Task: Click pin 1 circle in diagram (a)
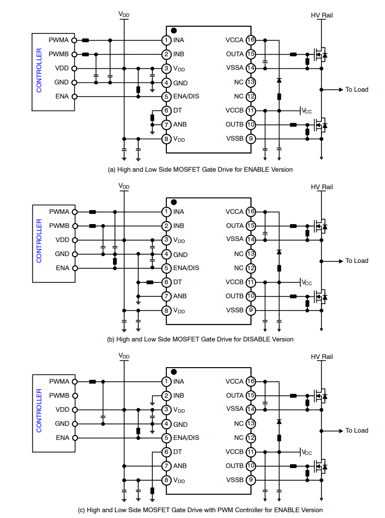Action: (x=166, y=40)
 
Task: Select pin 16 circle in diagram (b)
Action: (x=251, y=211)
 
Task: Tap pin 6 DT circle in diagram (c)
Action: (x=166, y=452)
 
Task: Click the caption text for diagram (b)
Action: (x=200, y=339)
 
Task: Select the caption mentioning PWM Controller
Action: (x=200, y=510)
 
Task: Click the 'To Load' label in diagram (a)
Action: (x=356, y=90)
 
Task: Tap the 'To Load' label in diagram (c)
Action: (x=356, y=431)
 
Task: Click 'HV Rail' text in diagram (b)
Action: (x=321, y=187)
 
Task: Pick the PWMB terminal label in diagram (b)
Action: (x=59, y=226)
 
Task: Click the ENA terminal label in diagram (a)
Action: (x=62, y=97)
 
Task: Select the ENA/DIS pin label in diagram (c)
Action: (x=186, y=438)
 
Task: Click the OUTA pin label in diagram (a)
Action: (x=235, y=54)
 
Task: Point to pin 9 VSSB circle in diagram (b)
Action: (x=251, y=310)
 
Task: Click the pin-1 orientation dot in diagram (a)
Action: (x=174, y=31)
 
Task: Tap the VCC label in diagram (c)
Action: (x=306, y=453)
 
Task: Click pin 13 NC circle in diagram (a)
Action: (x=251, y=82)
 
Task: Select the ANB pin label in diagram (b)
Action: (x=180, y=296)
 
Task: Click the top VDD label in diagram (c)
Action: (x=124, y=356)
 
